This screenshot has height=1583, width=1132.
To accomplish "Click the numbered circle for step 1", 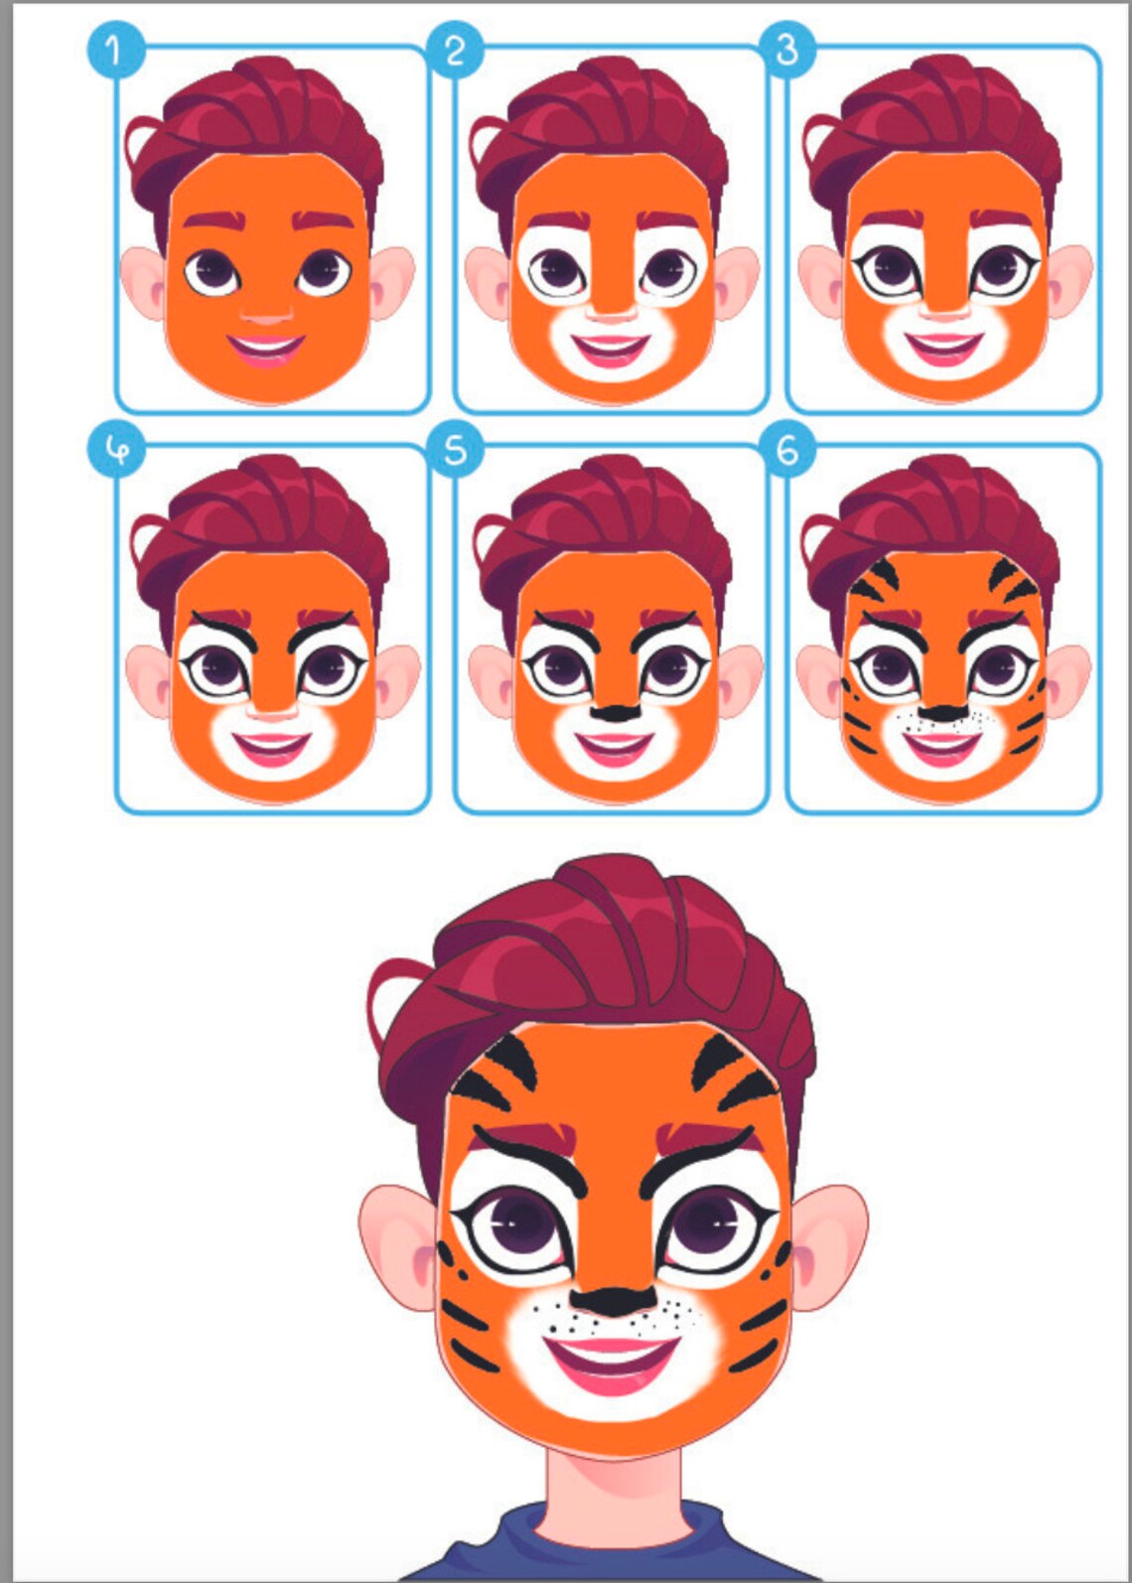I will (115, 50).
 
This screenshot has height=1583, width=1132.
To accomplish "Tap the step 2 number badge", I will (455, 50).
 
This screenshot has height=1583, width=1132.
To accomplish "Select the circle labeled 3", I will (787, 50).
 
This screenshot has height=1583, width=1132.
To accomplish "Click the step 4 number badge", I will (115, 450).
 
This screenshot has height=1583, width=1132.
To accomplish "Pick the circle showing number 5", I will (455, 450).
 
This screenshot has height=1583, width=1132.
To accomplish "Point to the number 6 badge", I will (787, 450).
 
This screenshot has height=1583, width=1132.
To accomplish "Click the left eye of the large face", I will (516, 1226).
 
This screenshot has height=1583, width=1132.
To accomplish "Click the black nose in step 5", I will (615, 712).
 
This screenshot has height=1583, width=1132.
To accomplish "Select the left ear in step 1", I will (144, 283).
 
